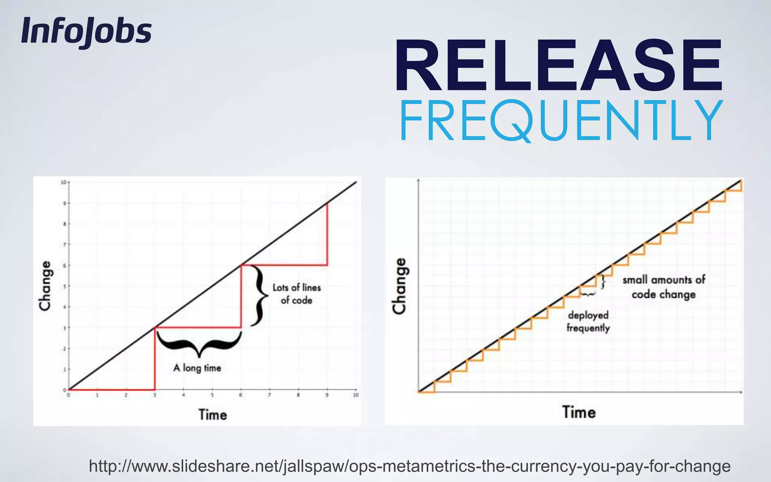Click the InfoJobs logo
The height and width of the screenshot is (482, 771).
click(x=86, y=32)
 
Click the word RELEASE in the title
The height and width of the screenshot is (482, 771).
click(x=559, y=65)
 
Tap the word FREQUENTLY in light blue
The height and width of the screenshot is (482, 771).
click(x=561, y=120)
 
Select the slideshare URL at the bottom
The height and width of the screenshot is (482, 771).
click(x=410, y=466)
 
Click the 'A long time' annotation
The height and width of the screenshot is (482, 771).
click(x=197, y=368)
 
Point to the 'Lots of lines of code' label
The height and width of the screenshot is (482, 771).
click(x=297, y=294)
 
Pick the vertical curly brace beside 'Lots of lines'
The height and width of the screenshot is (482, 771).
click(x=259, y=296)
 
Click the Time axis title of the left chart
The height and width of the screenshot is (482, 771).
click(x=213, y=415)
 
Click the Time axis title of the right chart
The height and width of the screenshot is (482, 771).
click(x=579, y=412)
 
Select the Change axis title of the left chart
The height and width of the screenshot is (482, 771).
click(x=45, y=286)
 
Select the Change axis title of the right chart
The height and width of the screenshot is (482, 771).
click(x=399, y=286)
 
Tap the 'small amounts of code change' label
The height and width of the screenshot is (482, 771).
click(x=664, y=287)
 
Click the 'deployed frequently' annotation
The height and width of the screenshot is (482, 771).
click(x=588, y=322)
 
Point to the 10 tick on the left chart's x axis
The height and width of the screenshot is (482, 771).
click(x=356, y=395)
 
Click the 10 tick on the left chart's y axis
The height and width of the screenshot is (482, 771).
click(x=63, y=182)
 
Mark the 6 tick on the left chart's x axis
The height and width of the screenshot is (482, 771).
click(x=241, y=395)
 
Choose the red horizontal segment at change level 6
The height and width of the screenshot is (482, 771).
click(x=284, y=265)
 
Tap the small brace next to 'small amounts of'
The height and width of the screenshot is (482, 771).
click(x=603, y=281)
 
